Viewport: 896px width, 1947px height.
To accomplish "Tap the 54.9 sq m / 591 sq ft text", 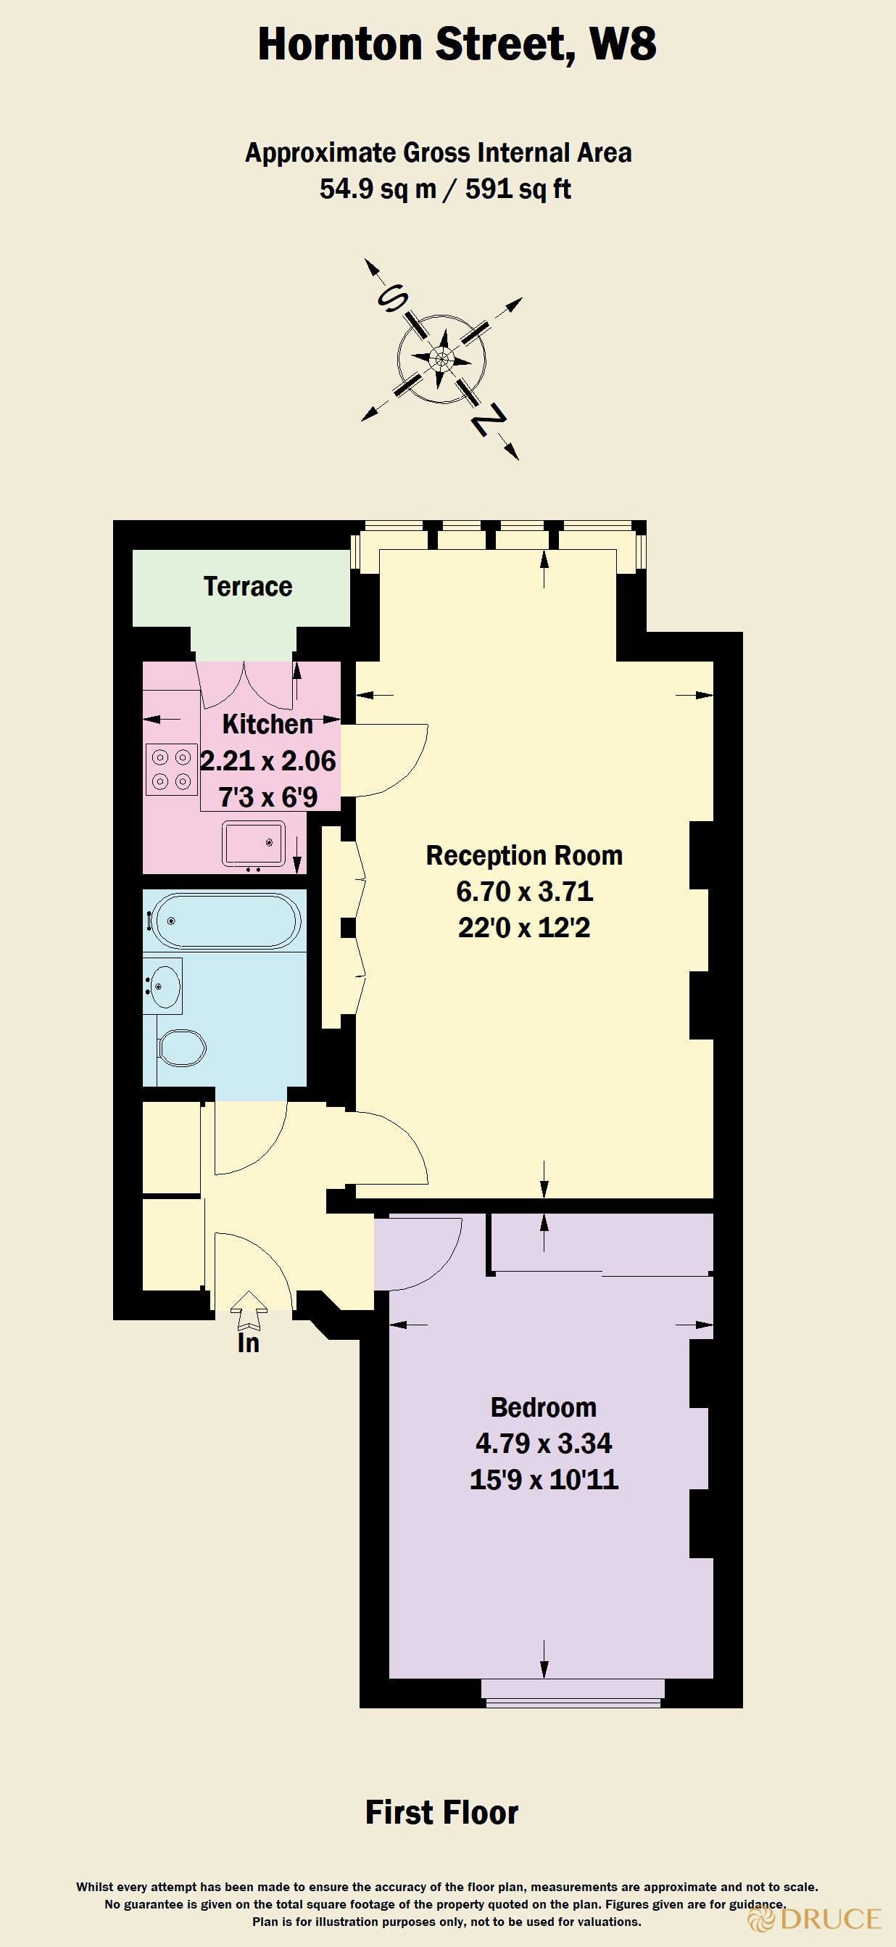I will tap(445, 189).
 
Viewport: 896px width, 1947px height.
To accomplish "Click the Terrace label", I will tap(248, 587).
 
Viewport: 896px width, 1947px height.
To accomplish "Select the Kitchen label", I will tap(267, 724).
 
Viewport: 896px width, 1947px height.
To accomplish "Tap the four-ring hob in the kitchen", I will tap(172, 770).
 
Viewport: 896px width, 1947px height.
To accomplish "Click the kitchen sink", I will tap(253, 843).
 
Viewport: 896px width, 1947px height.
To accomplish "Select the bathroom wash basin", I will tap(164, 985).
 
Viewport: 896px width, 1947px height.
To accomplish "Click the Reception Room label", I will tap(524, 855).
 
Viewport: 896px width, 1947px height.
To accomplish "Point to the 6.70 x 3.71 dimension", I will tap(524, 891).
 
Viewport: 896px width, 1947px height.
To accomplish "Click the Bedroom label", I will tap(543, 1407).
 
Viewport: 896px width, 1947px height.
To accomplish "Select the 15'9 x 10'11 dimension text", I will tap(543, 1479).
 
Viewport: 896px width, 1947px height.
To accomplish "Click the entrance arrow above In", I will tap(249, 1309).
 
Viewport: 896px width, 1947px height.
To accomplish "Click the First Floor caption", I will tap(441, 1813).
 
